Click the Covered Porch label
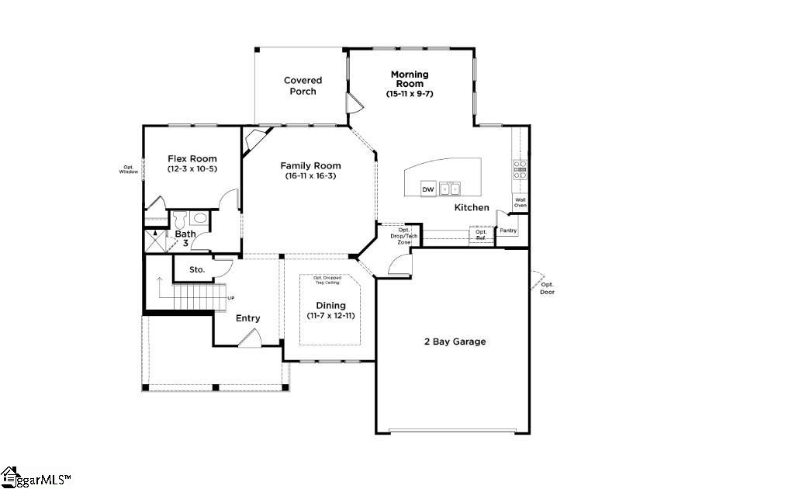pyautogui.click(x=303, y=85)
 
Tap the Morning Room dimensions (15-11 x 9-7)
pyautogui.click(x=409, y=94)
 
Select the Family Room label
pyautogui.click(x=310, y=165)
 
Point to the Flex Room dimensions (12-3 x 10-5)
pyautogui.click(x=192, y=169)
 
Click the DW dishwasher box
pyautogui.click(x=427, y=189)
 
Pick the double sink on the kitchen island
pyautogui.click(x=449, y=189)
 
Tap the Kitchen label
pyautogui.click(x=472, y=207)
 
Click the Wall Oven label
pyautogui.click(x=521, y=203)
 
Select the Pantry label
pyautogui.click(x=508, y=231)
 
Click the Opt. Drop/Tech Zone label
pyautogui.click(x=404, y=236)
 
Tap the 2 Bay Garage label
pyautogui.click(x=455, y=342)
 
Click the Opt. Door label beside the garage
pyautogui.click(x=548, y=288)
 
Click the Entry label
pyautogui.click(x=248, y=318)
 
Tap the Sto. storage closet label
pyautogui.click(x=197, y=269)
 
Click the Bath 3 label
pyautogui.click(x=185, y=238)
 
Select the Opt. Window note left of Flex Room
pyautogui.click(x=128, y=169)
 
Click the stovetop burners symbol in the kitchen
pyautogui.click(x=520, y=170)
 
